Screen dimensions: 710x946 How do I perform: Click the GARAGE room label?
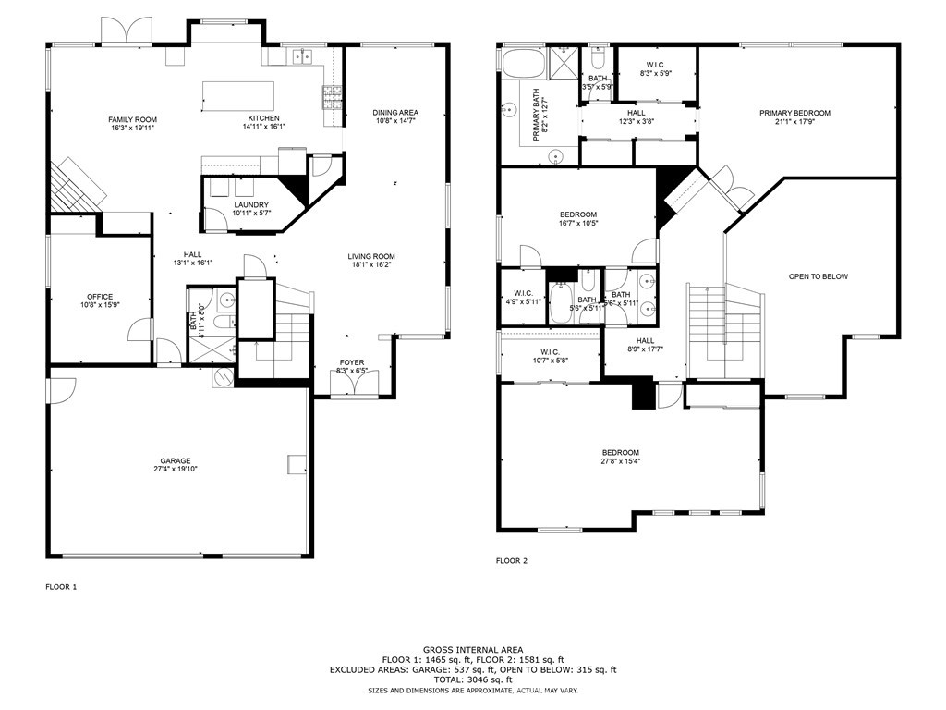coord(174,460)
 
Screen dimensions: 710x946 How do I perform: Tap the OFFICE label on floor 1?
coord(100,297)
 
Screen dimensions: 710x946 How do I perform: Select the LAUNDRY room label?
coord(251,205)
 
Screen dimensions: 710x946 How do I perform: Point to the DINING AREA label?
coord(395,113)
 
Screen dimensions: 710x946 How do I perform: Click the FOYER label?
coord(351,362)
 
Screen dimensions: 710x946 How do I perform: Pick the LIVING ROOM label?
coord(371,257)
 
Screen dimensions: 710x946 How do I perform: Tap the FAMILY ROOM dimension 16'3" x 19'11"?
coord(132,129)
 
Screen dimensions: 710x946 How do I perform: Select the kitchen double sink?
coord(300,57)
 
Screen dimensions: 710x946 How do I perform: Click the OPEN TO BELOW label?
coord(818,276)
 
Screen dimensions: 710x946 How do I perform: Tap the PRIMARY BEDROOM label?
coord(794,113)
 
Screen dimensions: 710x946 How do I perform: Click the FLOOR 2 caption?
coord(511,560)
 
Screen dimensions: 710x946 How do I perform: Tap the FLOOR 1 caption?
coord(62,586)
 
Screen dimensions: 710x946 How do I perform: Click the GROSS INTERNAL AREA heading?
coord(472,650)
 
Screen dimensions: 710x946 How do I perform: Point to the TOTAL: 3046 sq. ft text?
coord(472,679)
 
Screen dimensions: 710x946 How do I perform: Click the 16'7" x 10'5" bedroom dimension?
coord(577,223)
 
